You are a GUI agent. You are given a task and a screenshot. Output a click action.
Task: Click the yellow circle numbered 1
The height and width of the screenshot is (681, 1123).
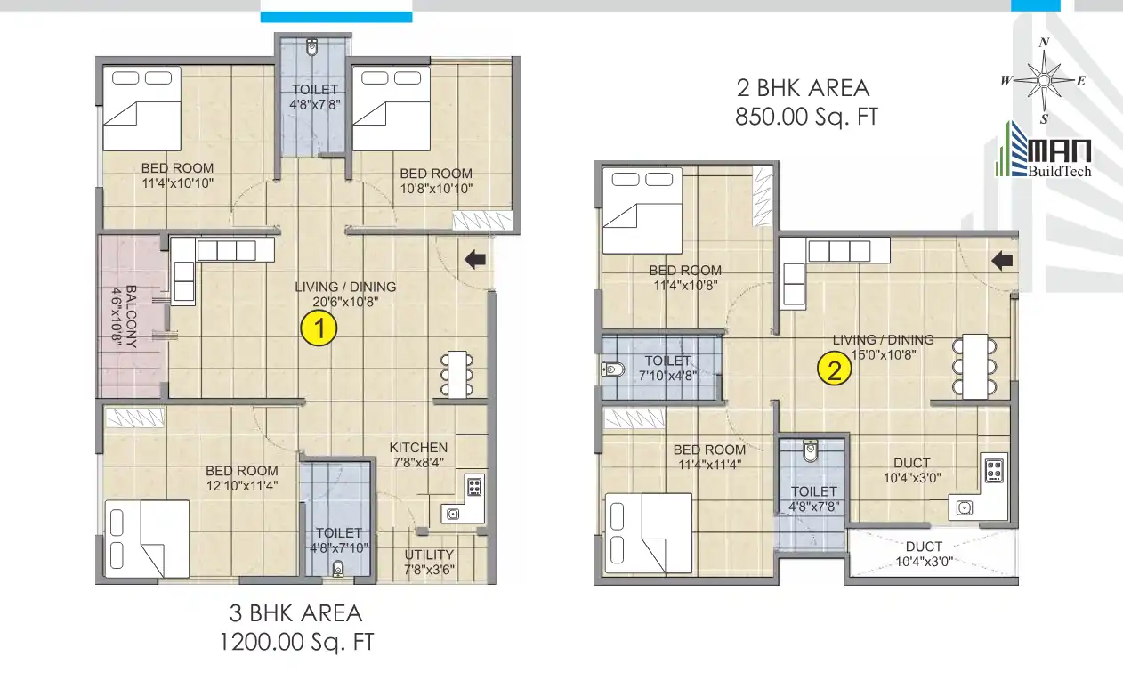319,329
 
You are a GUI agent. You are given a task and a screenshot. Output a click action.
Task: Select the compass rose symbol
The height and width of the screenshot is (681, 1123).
1045,80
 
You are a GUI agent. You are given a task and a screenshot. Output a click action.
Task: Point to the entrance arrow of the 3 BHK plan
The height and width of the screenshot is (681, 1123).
475,259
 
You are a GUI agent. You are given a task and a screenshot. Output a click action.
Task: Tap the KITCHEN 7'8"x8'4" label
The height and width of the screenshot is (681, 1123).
418,454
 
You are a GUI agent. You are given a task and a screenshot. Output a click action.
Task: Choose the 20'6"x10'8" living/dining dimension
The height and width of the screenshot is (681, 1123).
345,302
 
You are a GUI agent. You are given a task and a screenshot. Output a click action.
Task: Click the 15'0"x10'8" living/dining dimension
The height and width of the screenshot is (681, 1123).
883,353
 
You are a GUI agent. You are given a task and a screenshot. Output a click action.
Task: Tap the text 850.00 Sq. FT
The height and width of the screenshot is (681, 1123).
805,117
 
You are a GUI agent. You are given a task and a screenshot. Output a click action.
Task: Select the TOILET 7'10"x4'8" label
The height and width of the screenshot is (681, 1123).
668,368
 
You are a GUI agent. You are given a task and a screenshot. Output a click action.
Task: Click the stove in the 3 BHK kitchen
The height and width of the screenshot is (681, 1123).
474,486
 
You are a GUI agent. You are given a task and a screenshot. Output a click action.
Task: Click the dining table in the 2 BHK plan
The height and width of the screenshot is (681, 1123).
974,365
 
